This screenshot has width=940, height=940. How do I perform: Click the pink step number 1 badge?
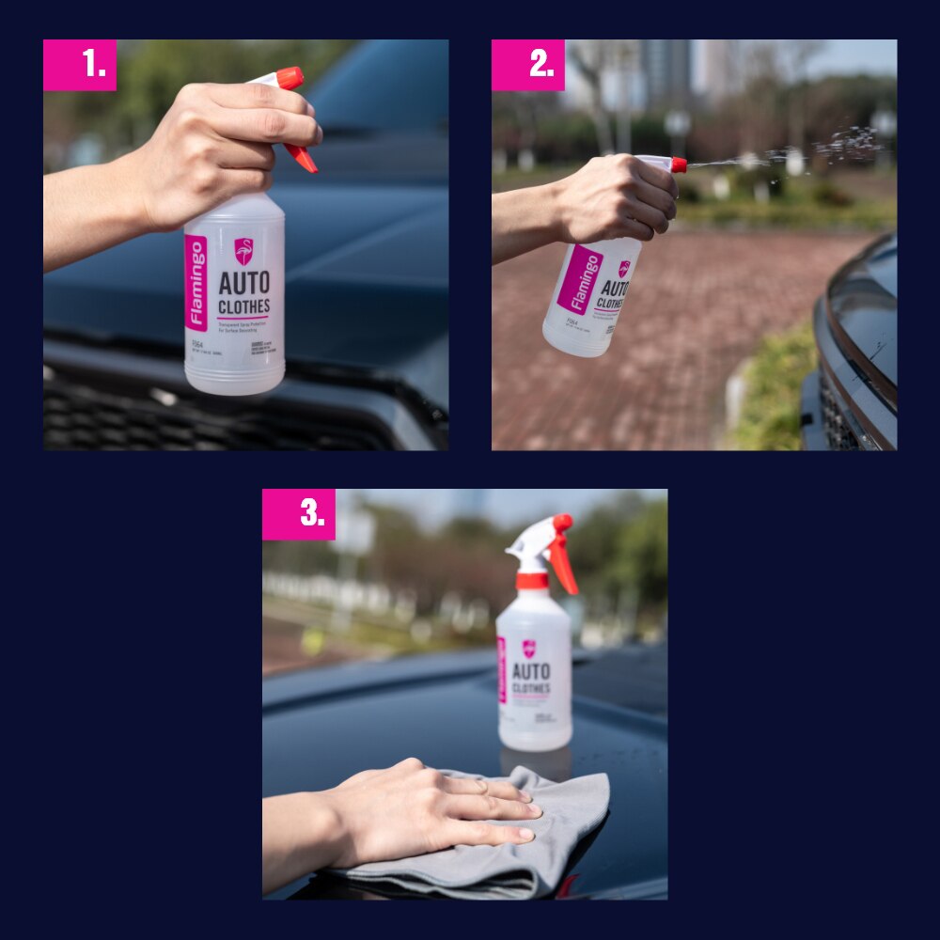[x=80, y=65]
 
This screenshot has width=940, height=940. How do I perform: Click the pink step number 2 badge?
[x=528, y=65]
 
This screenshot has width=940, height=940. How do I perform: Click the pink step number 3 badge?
[x=299, y=514]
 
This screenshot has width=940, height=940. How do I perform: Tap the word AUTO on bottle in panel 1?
[x=244, y=283]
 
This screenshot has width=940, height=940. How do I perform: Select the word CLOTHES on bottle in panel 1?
[x=244, y=306]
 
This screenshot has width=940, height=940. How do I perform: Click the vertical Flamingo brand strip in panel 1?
[x=196, y=283]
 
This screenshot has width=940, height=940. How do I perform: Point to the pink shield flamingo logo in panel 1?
[x=243, y=251]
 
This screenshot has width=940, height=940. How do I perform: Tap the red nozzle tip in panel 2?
[x=678, y=164]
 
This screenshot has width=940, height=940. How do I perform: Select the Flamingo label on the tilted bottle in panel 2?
[x=581, y=278]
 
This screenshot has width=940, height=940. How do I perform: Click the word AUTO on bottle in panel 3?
[x=531, y=671]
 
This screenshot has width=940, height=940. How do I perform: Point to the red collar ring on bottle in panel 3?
[x=532, y=581]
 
